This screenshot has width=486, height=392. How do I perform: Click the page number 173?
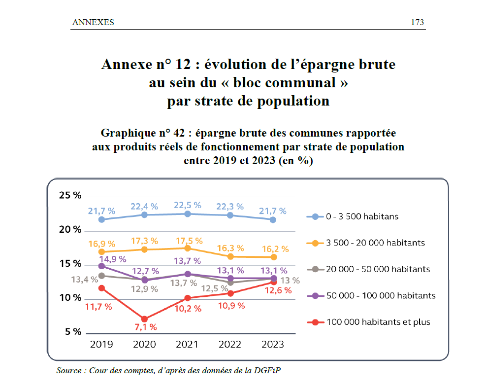coord(417,22)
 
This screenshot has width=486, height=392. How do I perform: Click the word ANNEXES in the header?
coord(93,22)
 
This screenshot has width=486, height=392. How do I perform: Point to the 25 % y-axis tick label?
coord(70,195)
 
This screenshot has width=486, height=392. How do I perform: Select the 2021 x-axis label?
coord(187,344)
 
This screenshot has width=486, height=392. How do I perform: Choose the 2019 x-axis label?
coord(101,344)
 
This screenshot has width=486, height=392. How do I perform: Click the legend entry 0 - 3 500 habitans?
coord(362,216)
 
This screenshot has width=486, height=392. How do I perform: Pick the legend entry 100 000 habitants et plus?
coord(378,322)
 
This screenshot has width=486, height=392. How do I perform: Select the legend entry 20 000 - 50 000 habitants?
coord(378,269)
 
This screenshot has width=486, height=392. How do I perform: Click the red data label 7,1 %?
coord(145,327)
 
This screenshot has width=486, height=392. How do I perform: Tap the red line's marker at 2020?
coord(144,319)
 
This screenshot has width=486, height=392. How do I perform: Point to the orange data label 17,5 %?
coord(189,241)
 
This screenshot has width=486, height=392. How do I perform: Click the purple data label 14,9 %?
coord(113,258)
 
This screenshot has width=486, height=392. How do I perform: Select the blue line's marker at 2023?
coord(273,219)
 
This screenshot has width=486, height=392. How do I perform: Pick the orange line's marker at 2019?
coord(101,252)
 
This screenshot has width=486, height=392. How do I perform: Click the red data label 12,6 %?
coord(278,290)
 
